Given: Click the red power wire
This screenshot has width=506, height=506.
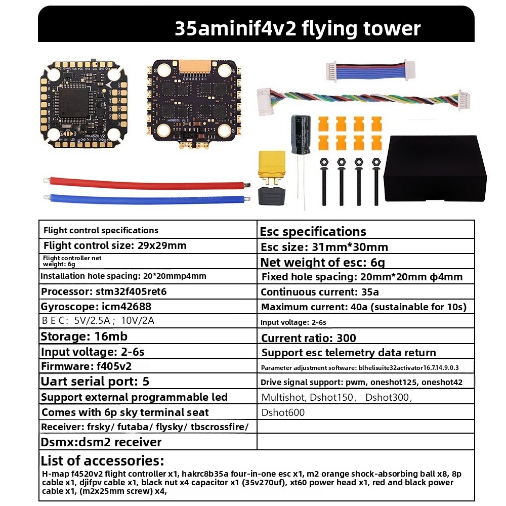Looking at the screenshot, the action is (x=147, y=182).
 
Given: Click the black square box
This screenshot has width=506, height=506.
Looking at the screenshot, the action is (x=435, y=168).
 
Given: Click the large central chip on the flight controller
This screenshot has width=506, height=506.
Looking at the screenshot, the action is (x=74, y=102).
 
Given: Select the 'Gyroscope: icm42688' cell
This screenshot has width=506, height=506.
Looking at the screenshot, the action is (x=96, y=307).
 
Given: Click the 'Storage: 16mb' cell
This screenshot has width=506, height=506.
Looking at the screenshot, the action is (x=84, y=336).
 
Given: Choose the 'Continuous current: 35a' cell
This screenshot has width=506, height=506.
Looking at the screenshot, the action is (x=319, y=292).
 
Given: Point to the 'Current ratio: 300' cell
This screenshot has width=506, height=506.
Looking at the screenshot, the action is (x=309, y=338).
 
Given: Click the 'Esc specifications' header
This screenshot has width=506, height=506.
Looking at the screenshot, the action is (x=313, y=231).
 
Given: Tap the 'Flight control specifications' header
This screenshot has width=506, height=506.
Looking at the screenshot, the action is (x=101, y=230).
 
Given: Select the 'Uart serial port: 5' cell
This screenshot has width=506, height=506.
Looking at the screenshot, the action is (x=95, y=381).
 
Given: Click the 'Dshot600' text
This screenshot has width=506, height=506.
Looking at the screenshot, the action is (x=283, y=412).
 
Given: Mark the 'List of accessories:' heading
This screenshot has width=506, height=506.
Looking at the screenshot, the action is (x=102, y=460).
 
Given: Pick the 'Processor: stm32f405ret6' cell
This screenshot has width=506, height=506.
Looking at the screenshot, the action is (x=104, y=292).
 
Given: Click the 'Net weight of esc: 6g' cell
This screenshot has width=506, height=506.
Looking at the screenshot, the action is (x=323, y=262).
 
